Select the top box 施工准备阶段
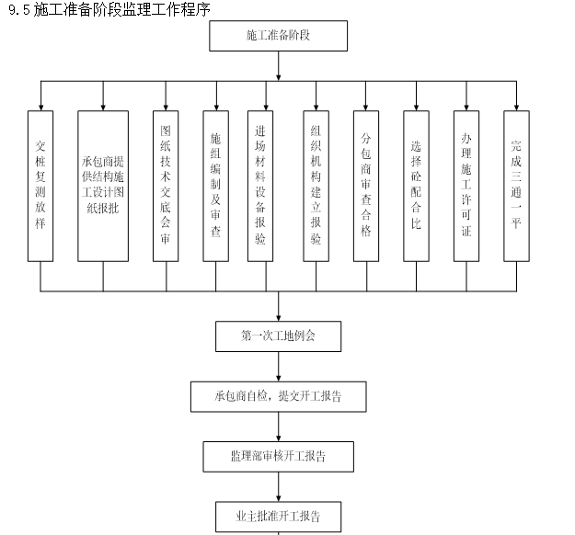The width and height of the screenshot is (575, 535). tap(278, 36)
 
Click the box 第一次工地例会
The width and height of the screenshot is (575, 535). tap(278, 336)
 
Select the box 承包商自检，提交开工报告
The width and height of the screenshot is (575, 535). tap(278, 396)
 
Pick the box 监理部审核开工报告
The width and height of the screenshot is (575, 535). tap(278, 455)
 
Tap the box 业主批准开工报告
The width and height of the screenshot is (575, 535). tap(278, 514)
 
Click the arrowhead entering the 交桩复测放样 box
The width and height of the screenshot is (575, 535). tap(40, 107)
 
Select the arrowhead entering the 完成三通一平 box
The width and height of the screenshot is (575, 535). tap(516, 107)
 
